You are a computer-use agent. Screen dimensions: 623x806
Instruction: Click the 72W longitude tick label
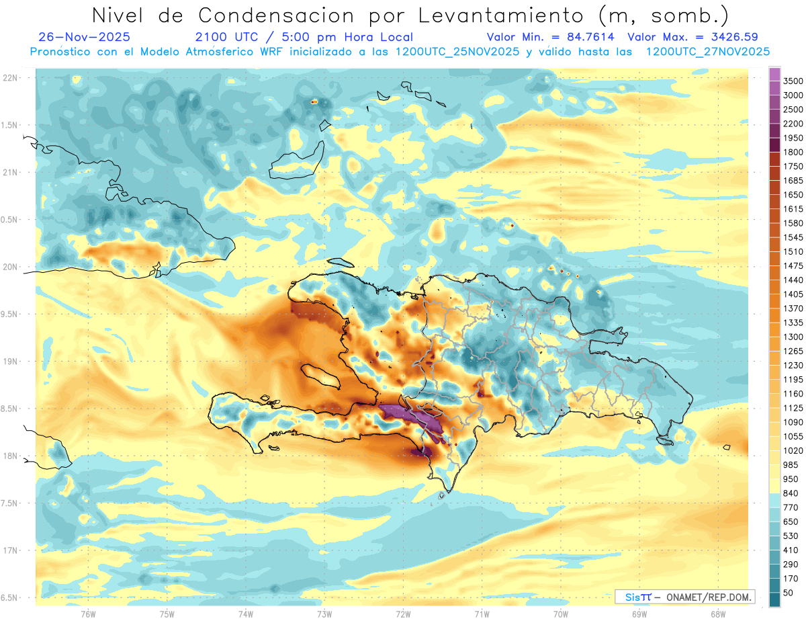[x=403, y=614]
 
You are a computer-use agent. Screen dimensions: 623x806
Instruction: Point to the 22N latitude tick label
[x=10, y=78]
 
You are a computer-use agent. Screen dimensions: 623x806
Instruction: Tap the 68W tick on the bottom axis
[x=717, y=614]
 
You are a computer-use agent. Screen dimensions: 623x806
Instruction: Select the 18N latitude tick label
[x=10, y=456]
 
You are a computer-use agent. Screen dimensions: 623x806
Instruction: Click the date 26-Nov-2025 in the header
[x=85, y=37]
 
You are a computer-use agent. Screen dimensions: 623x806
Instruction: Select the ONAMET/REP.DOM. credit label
[x=708, y=597]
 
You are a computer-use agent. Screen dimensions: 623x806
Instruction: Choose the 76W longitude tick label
[x=88, y=614]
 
